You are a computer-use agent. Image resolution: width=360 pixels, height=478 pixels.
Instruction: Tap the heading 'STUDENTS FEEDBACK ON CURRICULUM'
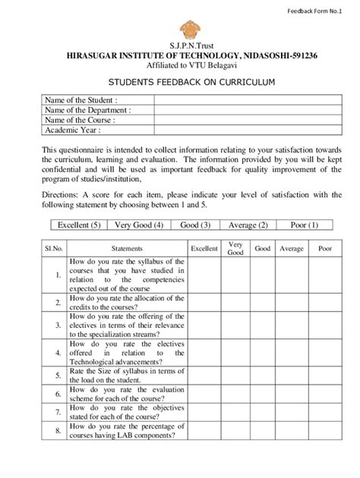(181, 80)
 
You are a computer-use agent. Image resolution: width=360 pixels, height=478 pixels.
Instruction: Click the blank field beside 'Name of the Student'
(240, 100)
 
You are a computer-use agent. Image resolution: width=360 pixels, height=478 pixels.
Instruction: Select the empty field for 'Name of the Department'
(240, 110)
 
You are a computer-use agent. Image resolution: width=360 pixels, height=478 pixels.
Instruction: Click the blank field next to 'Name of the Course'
(240, 120)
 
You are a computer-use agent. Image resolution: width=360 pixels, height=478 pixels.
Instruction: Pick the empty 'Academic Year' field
(240, 130)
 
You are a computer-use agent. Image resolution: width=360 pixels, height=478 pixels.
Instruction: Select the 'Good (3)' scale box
(195, 225)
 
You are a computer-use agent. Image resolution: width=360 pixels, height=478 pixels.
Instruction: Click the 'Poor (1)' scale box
(304, 225)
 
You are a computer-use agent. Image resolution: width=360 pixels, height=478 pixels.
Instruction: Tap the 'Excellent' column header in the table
(204, 248)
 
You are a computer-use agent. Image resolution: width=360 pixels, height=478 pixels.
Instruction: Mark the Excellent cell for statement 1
(204, 275)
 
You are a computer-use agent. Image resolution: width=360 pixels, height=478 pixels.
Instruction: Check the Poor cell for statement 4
(325, 352)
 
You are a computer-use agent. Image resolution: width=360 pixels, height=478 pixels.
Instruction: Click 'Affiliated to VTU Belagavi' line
(180, 66)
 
